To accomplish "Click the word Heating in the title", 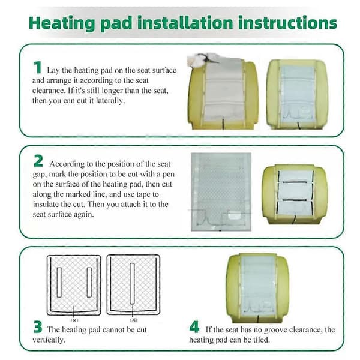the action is click(62, 23).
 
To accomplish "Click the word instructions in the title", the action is click(287, 23).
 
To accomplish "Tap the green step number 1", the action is click(37, 67).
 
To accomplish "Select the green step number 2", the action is click(38, 161).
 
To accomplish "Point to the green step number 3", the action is click(38, 327).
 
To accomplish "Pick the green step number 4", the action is click(194, 327).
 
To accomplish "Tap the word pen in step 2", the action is click(168, 174).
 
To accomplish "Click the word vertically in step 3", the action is click(49, 340).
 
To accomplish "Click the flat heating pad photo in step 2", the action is click(221, 192).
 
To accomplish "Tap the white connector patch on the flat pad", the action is click(234, 216).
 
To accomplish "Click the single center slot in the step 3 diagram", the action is click(132, 284).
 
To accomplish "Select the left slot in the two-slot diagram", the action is click(59, 283).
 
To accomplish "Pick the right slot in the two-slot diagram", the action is click(89, 283).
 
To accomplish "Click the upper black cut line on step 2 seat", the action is click(295, 182).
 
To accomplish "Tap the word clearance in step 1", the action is click(47, 91).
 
